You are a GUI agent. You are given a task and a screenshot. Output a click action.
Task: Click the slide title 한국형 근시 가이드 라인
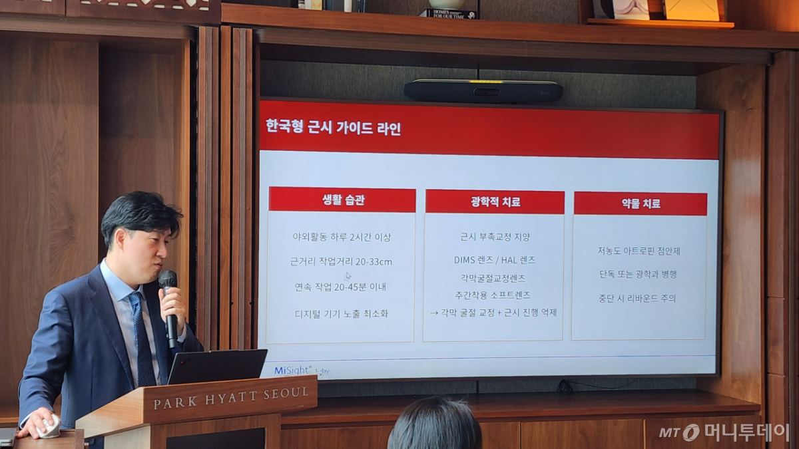pos(333,127)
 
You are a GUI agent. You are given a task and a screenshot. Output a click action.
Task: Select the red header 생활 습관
pos(342,200)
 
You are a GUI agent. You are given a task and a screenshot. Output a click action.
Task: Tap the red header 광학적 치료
pos(495,202)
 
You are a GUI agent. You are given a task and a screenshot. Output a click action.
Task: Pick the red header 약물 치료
pos(640,204)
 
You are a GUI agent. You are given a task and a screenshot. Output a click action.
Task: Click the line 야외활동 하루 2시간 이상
pos(342,237)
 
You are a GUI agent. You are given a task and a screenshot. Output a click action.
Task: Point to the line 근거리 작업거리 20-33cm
pos(341,261)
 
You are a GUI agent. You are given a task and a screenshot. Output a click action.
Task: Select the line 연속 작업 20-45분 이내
pos(340,287)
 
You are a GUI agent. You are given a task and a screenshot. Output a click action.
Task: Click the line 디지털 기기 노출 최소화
pos(341,313)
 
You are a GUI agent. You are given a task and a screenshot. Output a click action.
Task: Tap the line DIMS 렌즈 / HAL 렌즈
pos(494,259)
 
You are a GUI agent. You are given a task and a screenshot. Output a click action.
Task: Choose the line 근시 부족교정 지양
pos(495,236)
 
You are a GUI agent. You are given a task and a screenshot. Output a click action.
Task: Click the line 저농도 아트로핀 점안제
pos(639,251)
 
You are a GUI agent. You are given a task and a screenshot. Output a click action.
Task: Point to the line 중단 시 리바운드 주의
pos(637,299)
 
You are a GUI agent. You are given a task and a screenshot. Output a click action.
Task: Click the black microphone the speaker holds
pos(169,306)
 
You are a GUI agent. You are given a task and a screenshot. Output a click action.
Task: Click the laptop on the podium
pos(217,366)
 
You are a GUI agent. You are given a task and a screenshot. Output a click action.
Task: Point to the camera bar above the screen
pos(483,91)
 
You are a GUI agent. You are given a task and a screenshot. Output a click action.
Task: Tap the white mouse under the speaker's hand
pos(49,426)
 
